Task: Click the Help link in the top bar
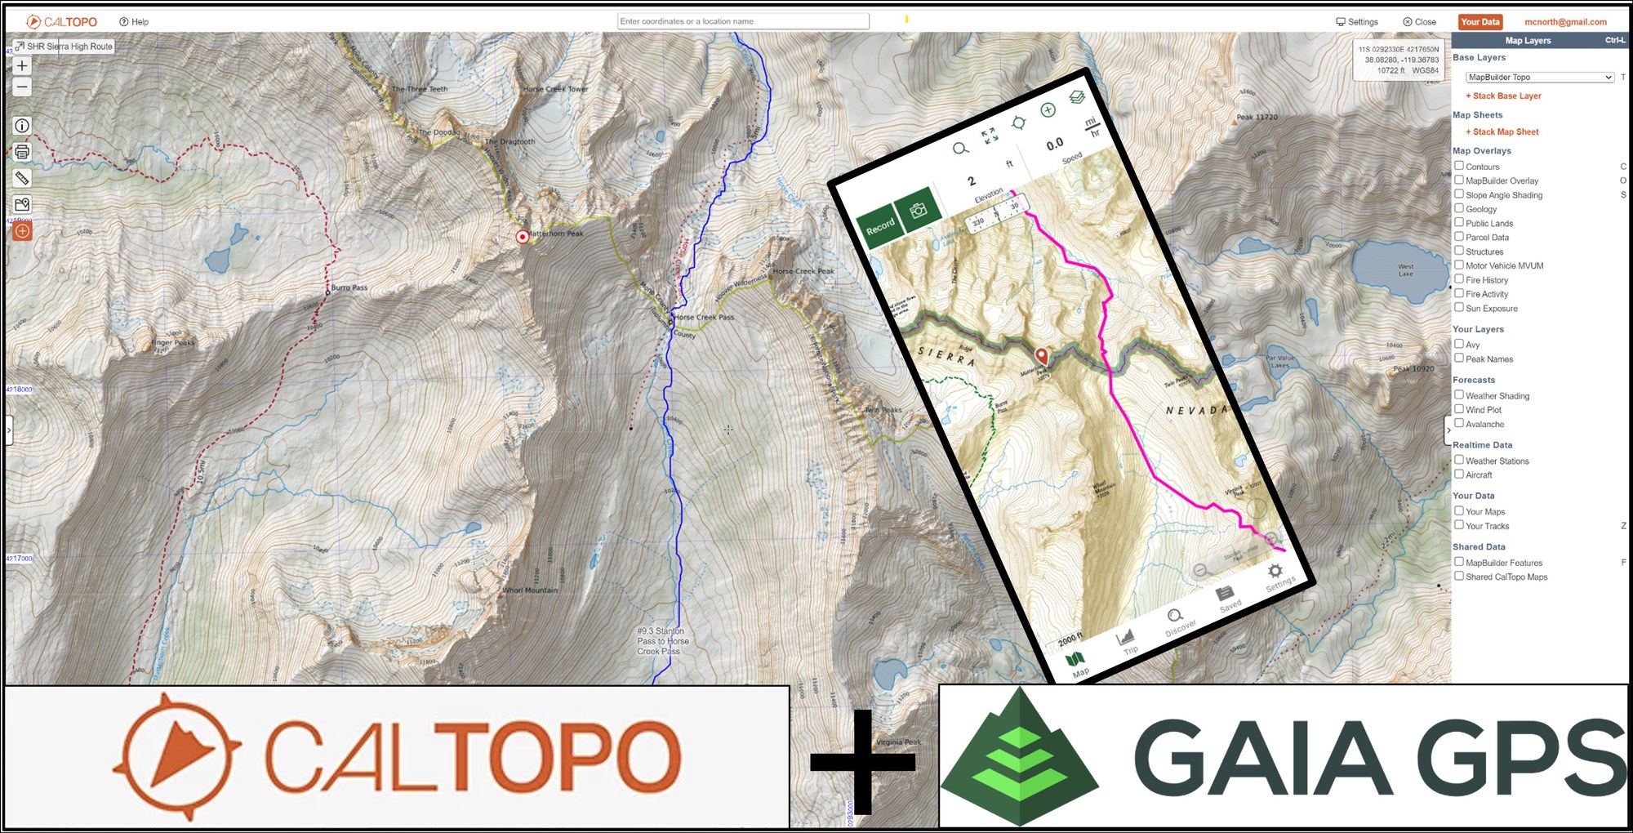[135, 22]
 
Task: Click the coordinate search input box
[742, 21]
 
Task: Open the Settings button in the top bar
[1357, 22]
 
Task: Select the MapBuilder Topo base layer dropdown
[1539, 78]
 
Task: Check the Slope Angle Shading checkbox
[1459, 194]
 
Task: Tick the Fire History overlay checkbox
[1459, 279]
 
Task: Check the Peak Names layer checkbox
[1459, 359]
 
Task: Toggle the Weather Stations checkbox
[1459, 461]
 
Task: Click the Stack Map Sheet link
[1505, 132]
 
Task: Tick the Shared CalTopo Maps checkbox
[1459, 577]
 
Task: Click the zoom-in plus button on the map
[22, 66]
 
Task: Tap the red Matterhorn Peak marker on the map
[523, 237]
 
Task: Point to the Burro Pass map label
[349, 288]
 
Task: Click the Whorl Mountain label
[530, 590]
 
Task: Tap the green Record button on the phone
[880, 227]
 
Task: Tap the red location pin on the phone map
[1041, 355]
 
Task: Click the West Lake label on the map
[1405, 270]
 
